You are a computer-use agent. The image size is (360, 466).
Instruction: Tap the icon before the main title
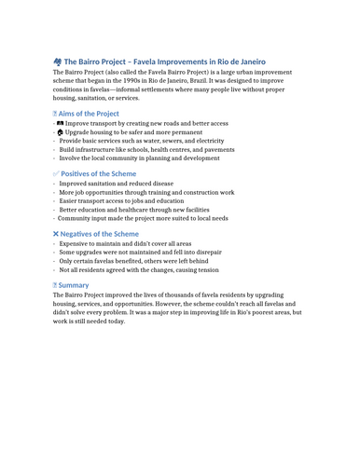point(58,62)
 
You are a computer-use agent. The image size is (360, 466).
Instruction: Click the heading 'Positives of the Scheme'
point(98,173)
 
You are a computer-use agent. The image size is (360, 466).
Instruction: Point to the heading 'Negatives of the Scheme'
point(101,234)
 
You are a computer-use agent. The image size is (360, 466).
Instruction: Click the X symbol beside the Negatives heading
point(57,234)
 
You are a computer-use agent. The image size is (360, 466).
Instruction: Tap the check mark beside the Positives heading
point(57,173)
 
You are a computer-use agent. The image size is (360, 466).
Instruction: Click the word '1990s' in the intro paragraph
point(160,81)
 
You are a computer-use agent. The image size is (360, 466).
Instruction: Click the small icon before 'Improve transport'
point(60,123)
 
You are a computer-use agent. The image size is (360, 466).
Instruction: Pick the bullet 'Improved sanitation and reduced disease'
point(117,184)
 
